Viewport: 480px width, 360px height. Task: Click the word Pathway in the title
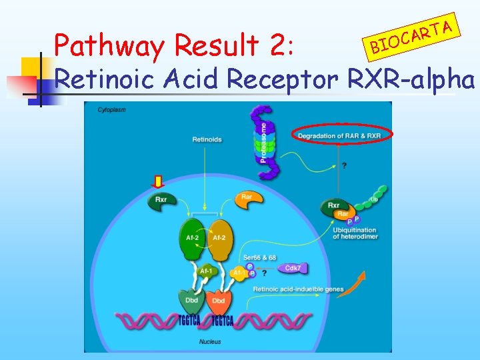click(x=109, y=46)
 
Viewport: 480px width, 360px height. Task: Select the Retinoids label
click(x=207, y=139)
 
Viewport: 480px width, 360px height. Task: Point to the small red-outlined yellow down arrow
click(x=158, y=181)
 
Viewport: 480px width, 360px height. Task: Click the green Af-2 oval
click(x=191, y=238)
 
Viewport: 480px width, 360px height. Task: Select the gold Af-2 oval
click(x=218, y=238)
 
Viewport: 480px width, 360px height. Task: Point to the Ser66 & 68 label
click(x=261, y=258)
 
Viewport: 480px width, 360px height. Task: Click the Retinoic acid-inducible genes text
click(x=299, y=289)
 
